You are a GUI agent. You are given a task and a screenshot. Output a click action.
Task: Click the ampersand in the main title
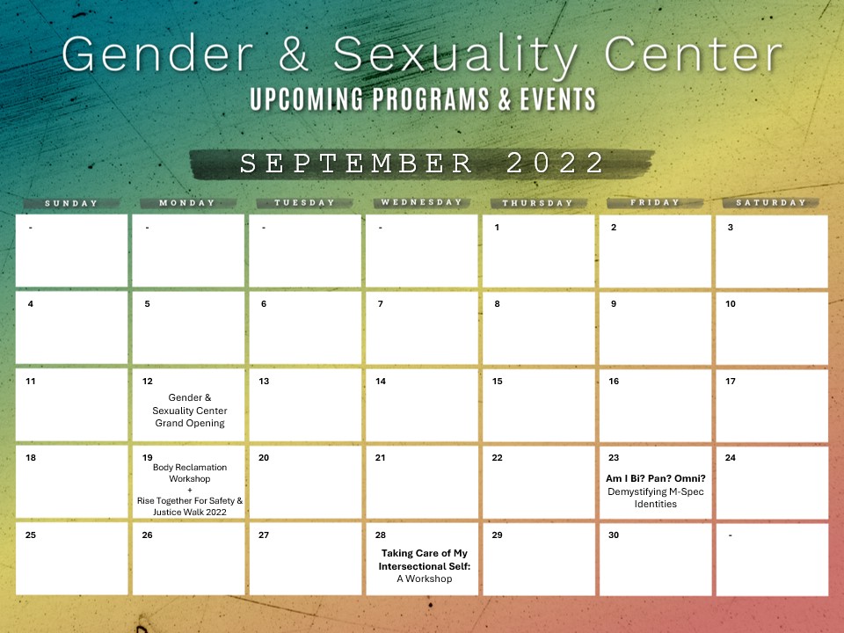tap(294, 54)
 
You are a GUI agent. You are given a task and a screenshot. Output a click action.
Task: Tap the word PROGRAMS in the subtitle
tap(431, 99)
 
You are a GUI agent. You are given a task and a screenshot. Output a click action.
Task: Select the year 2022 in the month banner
tap(555, 163)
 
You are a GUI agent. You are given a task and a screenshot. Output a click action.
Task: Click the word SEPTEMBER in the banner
tap(356, 164)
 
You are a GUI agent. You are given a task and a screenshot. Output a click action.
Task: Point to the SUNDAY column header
tap(71, 203)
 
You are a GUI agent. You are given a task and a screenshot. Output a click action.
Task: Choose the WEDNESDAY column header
tap(421, 202)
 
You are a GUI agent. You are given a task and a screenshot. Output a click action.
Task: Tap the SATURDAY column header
tap(771, 203)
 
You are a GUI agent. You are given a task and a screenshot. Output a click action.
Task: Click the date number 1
tap(497, 227)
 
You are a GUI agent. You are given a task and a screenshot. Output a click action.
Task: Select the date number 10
tap(731, 303)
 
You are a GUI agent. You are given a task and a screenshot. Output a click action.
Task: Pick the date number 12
tap(148, 381)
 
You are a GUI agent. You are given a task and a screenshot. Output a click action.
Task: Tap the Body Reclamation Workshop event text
tap(190, 473)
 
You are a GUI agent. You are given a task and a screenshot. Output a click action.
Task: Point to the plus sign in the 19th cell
tap(190, 490)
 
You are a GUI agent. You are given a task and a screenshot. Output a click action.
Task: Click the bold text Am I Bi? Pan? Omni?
tap(656, 478)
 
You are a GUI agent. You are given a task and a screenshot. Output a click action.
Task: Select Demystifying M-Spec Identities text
tap(656, 498)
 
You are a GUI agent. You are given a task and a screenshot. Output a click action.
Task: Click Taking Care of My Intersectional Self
tap(424, 560)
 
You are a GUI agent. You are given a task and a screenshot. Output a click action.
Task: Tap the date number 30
tap(614, 535)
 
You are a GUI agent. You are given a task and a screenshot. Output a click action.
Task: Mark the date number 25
tap(31, 535)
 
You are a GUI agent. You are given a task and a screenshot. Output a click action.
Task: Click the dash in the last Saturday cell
tap(730, 535)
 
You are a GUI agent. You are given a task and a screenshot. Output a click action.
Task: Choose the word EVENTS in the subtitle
tap(558, 99)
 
